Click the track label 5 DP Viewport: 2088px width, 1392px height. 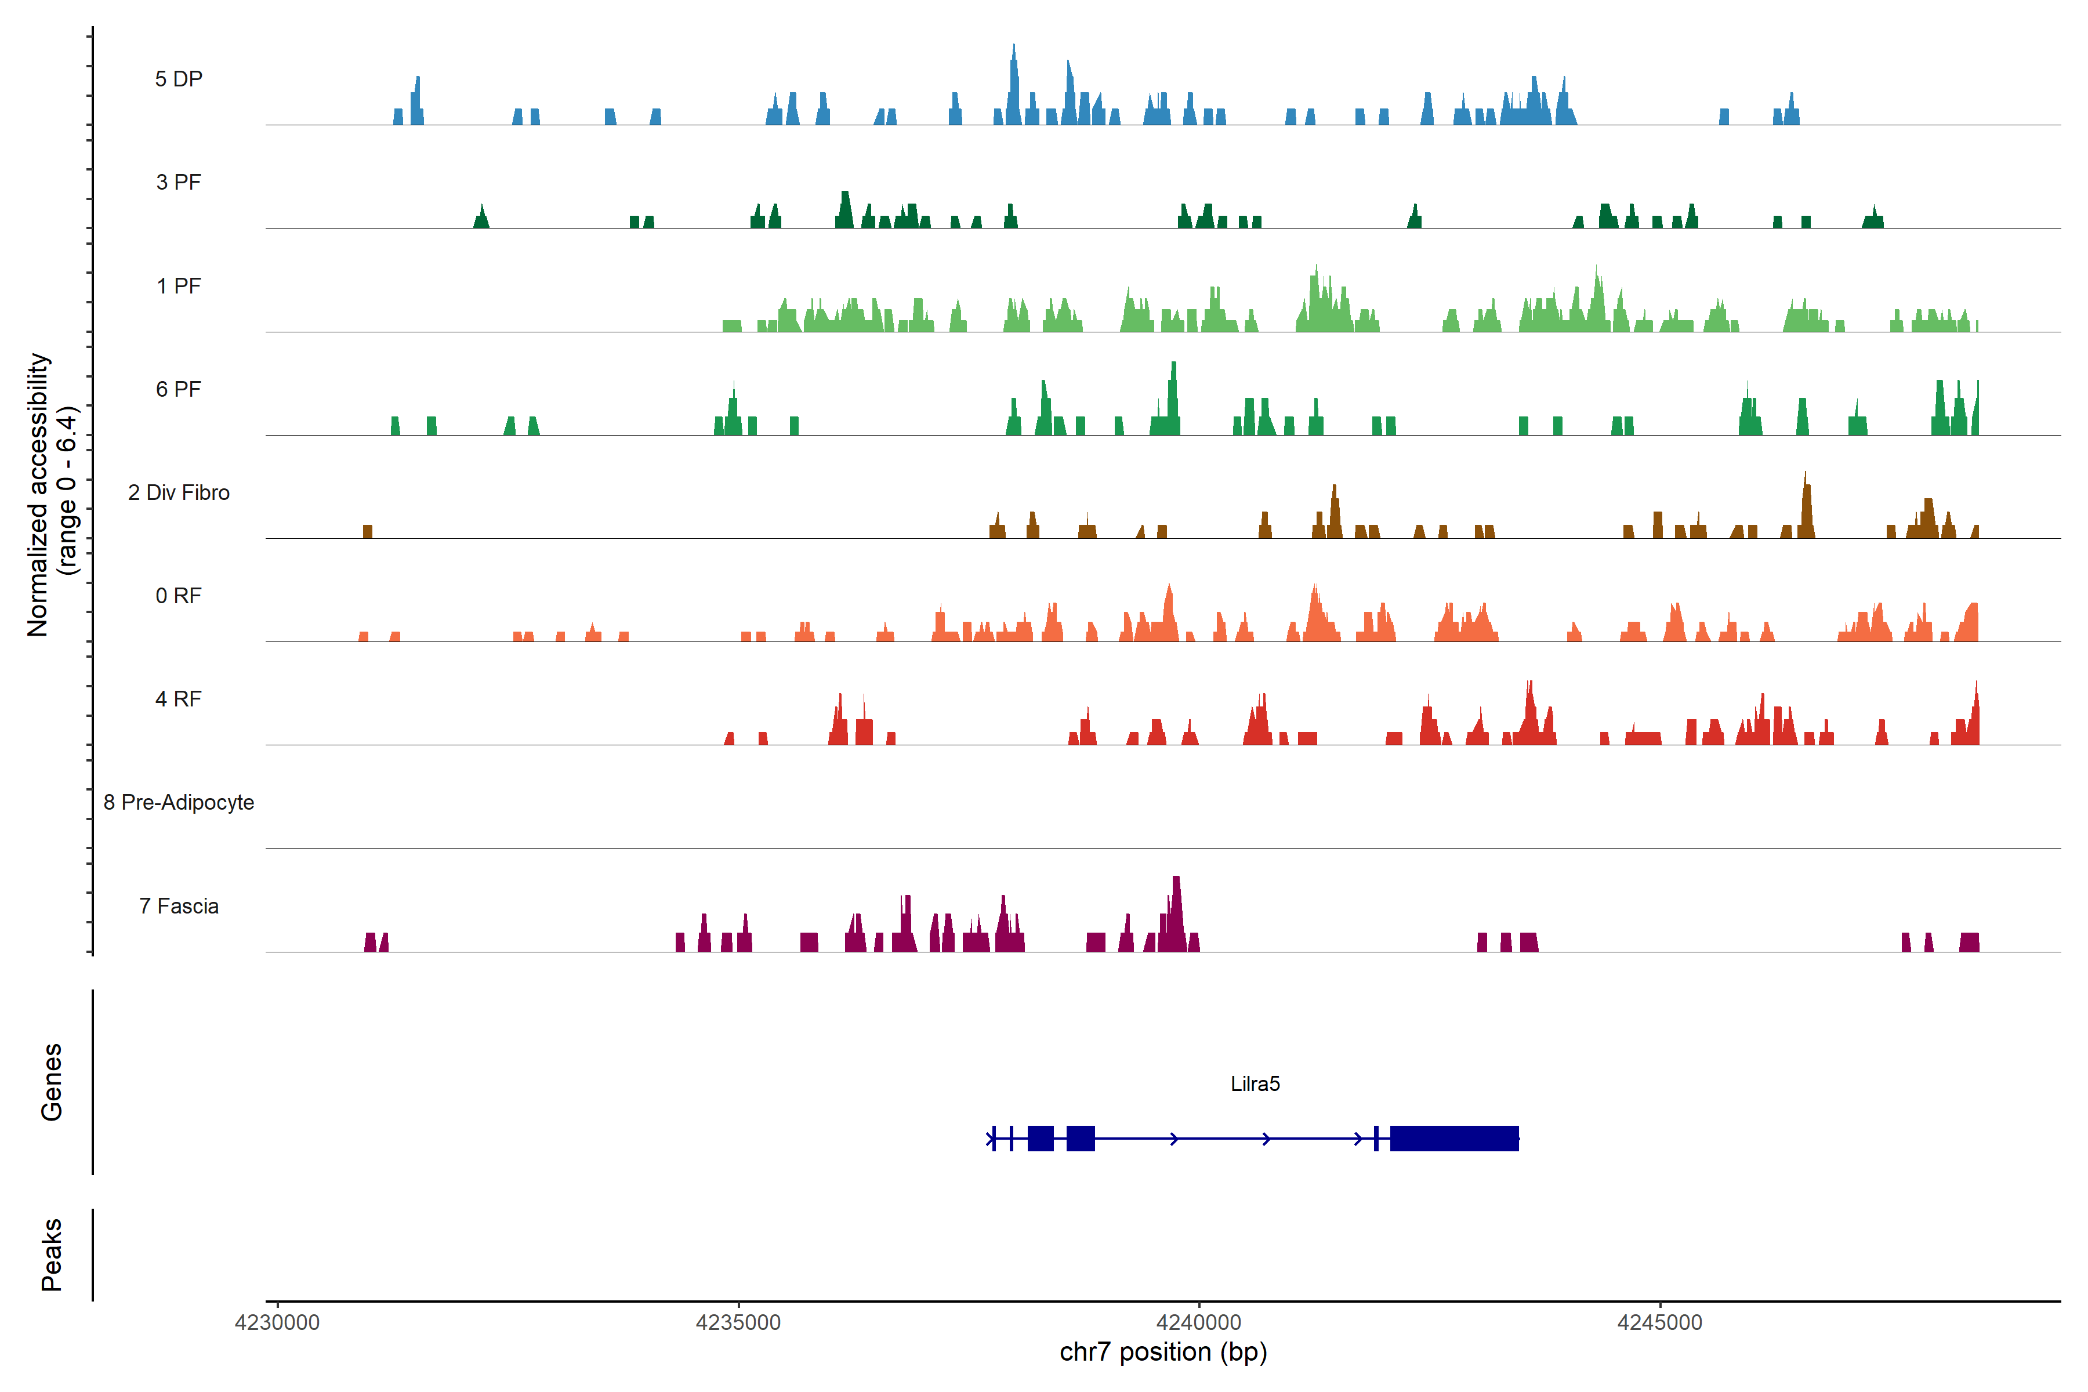pos(179,79)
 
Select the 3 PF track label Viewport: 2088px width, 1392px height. pos(179,182)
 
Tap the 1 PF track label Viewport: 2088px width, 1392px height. pos(179,286)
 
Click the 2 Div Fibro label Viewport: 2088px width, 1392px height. pos(179,492)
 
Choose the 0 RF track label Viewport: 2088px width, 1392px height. pos(179,596)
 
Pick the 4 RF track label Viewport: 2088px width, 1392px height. pos(179,699)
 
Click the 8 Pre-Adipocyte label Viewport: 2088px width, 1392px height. pos(179,803)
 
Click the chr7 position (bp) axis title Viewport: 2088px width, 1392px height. pos(1163,1352)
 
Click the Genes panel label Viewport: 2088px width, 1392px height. pos(52,1082)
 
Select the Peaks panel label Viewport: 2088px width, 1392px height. pos(52,1255)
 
